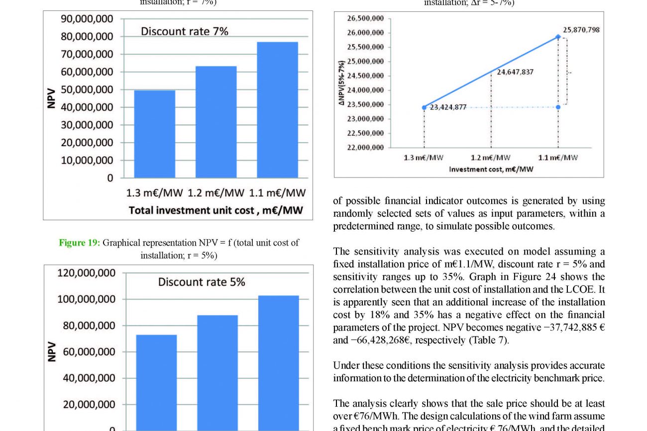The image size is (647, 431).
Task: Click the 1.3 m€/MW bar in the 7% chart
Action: point(154,134)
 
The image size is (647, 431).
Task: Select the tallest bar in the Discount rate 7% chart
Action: point(277,110)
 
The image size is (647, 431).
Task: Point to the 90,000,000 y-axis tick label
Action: point(87,19)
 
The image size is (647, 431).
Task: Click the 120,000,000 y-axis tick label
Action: point(87,273)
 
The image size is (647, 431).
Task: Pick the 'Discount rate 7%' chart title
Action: point(185,31)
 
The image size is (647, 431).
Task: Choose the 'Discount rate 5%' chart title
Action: point(202,282)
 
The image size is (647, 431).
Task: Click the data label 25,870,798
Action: point(581,30)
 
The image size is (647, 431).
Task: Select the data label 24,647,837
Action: point(515,72)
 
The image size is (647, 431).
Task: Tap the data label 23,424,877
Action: point(448,107)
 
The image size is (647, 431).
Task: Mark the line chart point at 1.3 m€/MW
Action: point(424,107)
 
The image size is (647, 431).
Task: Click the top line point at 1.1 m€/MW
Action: point(558,36)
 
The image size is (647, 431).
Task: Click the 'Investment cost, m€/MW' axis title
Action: point(491,170)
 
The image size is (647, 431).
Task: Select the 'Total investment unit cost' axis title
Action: point(216,210)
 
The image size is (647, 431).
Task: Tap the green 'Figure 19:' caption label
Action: point(80,243)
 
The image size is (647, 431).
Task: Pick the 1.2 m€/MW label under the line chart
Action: point(491,158)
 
